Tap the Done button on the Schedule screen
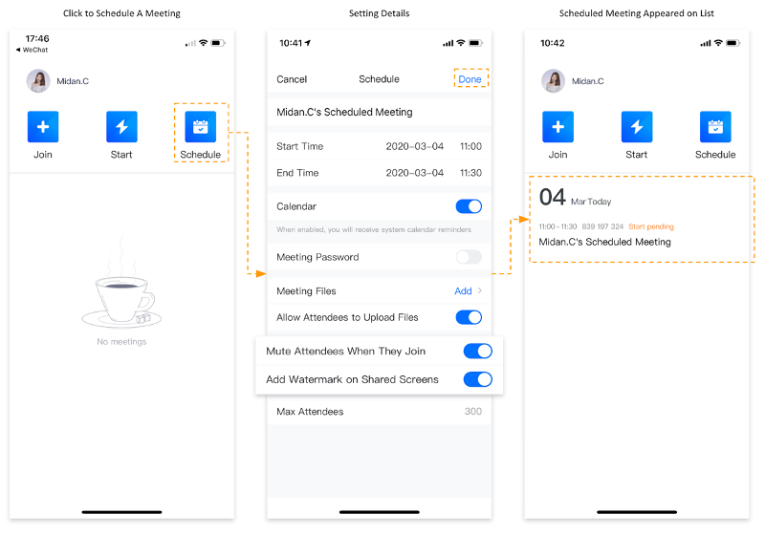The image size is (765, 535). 470,79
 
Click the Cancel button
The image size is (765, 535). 292,79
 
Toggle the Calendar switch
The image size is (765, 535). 469,206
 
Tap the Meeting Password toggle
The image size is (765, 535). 469,257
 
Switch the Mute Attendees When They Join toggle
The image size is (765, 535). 477,351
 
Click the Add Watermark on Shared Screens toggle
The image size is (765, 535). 477,379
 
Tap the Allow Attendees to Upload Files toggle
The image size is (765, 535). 469,317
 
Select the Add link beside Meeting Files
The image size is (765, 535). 463,290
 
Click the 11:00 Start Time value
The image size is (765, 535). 470,146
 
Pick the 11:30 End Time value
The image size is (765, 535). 470,173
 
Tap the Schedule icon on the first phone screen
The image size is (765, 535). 201,127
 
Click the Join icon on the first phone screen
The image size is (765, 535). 43,127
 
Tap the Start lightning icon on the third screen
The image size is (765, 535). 637,127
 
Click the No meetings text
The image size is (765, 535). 121,342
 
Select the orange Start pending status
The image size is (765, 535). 651,226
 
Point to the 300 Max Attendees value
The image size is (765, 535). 472,411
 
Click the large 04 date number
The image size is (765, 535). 553,198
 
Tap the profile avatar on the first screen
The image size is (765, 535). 38,81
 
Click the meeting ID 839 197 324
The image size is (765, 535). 602,226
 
